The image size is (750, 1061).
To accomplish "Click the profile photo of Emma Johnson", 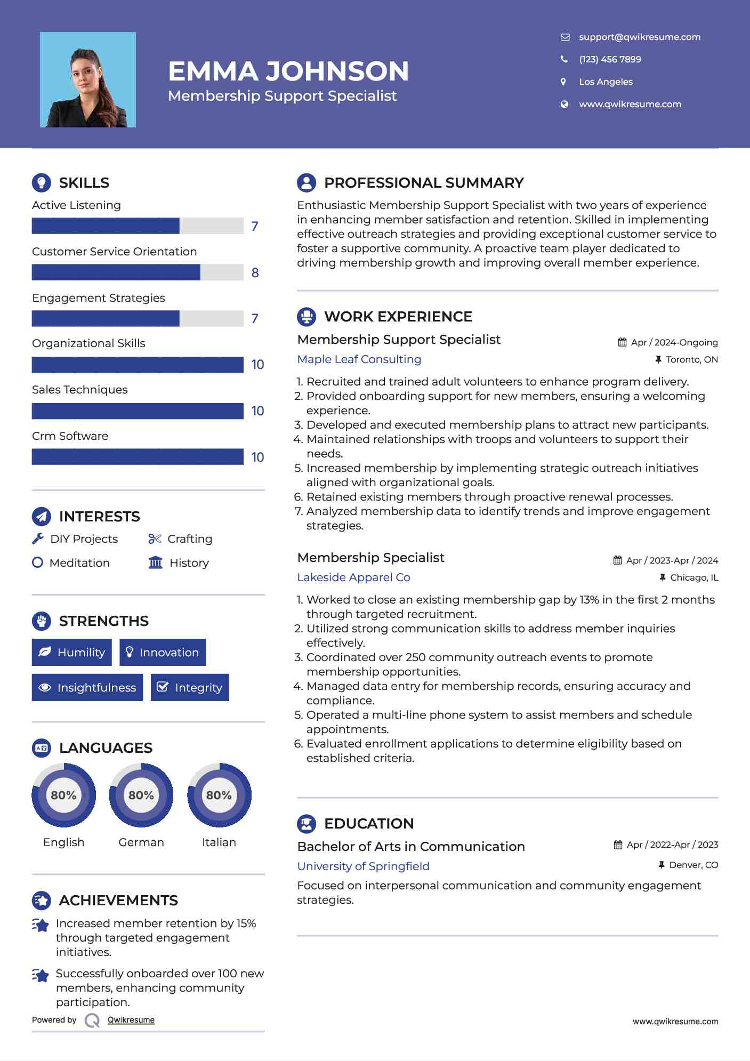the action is [x=88, y=80].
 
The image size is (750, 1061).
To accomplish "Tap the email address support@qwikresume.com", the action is [x=639, y=37].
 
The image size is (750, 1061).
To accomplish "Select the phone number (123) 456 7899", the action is [x=610, y=59].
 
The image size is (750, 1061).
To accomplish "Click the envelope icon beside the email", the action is [x=564, y=37].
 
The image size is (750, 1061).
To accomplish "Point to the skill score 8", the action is [x=255, y=273].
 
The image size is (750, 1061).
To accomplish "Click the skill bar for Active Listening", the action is [x=138, y=226].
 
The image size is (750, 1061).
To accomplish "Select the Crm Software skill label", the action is [x=70, y=436].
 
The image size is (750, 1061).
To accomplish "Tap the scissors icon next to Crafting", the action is [x=155, y=539].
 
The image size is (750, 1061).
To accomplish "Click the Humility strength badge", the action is [x=72, y=652].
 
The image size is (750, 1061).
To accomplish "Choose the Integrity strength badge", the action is [x=190, y=687].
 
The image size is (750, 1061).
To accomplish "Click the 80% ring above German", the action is [x=141, y=795].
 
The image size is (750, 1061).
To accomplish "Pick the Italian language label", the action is [x=219, y=842].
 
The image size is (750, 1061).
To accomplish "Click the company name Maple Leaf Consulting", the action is [x=359, y=359].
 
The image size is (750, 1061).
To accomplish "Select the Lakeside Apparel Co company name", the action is [x=353, y=577].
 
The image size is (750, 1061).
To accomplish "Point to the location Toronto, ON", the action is [x=691, y=359].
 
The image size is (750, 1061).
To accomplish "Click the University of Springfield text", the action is [x=363, y=866].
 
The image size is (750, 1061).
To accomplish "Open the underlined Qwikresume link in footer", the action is [x=131, y=1020].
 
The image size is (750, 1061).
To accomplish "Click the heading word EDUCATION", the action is [x=369, y=824].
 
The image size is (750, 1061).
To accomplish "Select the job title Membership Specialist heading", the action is [x=370, y=558].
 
